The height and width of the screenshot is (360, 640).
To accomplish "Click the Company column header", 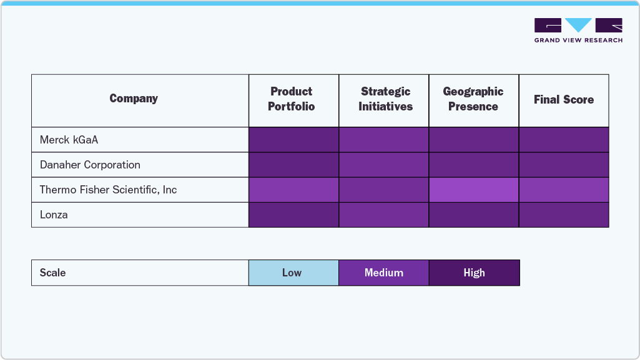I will pos(134,99).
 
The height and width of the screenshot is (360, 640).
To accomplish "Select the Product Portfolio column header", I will pos(291,99).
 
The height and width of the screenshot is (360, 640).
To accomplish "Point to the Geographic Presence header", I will pos(473,99).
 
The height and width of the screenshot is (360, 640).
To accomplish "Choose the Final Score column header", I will pos(563,100).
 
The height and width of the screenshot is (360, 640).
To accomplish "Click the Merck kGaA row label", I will pos(69,140).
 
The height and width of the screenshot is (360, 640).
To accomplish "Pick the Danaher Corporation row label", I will pos(90,165).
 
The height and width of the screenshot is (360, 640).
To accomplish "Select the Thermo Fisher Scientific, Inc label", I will pos(108,190).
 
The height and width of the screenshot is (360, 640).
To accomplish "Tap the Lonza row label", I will pos(54,215).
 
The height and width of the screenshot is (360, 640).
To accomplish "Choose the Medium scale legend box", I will pos(384,273).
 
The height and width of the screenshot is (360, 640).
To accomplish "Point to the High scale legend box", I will pos(474,273).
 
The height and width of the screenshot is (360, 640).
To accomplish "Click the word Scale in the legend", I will pos(52,273).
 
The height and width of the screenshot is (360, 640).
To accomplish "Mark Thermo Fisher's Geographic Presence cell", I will pos(474,190).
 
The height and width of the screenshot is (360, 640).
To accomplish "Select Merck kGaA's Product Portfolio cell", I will pos(293,140).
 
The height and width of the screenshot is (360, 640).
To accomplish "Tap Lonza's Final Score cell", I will pos(564,215).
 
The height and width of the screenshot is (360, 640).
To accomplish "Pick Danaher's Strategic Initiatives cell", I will pos(384,165).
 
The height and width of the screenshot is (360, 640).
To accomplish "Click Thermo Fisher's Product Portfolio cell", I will pos(293,190).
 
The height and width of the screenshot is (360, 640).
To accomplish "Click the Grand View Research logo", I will pos(578,30).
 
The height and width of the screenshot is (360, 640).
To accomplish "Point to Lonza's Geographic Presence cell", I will pos(474,215).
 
